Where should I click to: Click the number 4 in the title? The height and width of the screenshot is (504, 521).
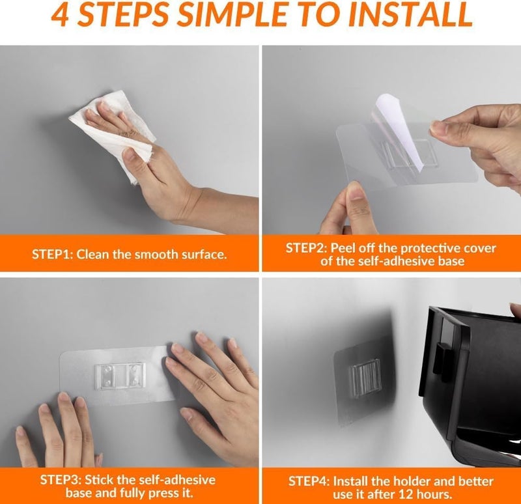coord(61,15)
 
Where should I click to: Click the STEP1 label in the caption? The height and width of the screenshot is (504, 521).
coord(53,255)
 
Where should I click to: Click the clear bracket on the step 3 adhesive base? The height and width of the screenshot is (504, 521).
coord(120,376)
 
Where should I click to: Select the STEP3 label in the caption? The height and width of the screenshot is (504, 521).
coord(61,480)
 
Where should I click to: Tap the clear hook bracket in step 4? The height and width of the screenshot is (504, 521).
coord(365,378)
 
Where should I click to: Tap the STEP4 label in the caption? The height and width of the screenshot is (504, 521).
coord(309,481)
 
